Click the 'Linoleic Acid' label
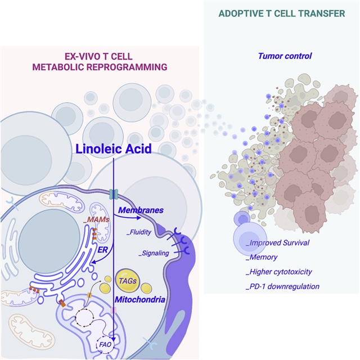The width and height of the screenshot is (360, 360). pyautogui.click(x=114, y=150)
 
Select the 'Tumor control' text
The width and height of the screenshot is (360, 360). pyautogui.click(x=292, y=56)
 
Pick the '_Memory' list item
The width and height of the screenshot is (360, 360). pyautogui.click(x=263, y=257)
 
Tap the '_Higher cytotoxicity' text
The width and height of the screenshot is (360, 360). pyautogui.click(x=280, y=272)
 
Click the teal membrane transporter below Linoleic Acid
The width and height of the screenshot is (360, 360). pyautogui.click(x=114, y=194)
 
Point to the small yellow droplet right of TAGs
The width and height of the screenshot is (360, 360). pyautogui.click(x=146, y=289)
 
